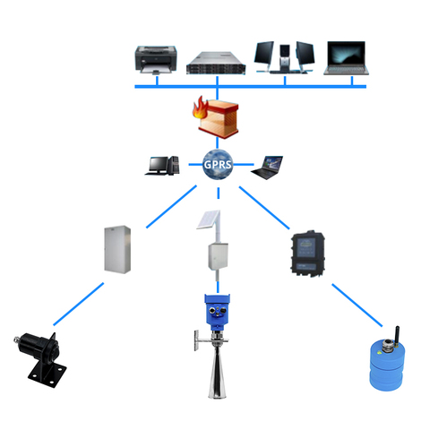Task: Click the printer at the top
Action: [x=156, y=60]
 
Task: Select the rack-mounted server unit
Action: [x=216, y=64]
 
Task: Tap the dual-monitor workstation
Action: [x=284, y=57]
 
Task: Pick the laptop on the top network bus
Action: [x=346, y=58]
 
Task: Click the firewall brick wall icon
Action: [x=219, y=119]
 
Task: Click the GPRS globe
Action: [x=218, y=165]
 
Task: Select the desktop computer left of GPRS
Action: [x=162, y=166]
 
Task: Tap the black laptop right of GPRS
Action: [x=267, y=168]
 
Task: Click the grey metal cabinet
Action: [x=117, y=249]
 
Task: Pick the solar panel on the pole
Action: [x=209, y=219]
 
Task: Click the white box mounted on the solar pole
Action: [x=218, y=256]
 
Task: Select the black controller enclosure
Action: [x=308, y=254]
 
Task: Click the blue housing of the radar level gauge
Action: [x=217, y=312]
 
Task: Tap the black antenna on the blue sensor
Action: [x=397, y=336]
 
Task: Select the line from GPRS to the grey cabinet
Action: [x=171, y=207]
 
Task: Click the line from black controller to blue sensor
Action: [x=357, y=305]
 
